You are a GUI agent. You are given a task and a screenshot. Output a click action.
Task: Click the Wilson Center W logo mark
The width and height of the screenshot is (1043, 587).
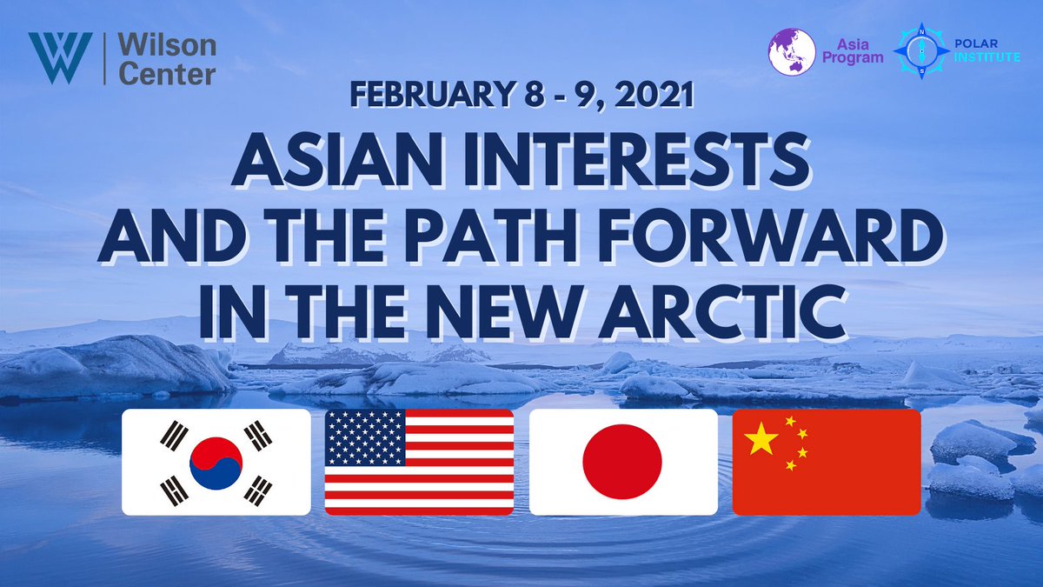click(58, 58)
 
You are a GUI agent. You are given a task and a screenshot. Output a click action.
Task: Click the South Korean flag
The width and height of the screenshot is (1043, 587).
click(216, 462)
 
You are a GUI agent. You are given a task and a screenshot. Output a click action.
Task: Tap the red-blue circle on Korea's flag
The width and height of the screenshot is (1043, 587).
click(216, 462)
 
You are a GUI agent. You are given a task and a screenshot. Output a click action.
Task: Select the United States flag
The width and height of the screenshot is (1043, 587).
click(419, 462)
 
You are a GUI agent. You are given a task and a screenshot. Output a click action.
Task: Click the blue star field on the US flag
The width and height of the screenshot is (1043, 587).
click(365, 437)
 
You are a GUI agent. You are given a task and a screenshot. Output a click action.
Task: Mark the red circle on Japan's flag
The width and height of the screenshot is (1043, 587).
click(622, 463)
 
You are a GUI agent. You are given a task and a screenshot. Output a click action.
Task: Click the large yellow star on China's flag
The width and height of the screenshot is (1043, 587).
click(762, 440)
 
